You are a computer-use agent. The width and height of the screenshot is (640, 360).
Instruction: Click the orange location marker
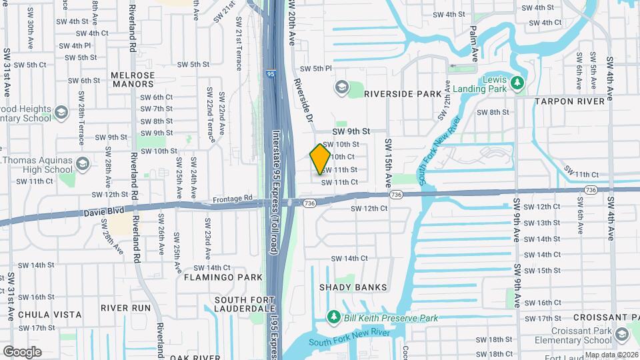pyautogui.click(x=321, y=159)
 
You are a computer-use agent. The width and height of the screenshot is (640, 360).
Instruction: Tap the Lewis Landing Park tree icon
pyautogui.click(x=518, y=83)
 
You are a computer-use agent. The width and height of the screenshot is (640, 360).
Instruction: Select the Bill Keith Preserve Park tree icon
pyautogui.click(x=333, y=317)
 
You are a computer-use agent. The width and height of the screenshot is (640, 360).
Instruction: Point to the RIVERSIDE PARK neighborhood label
pyautogui.click(x=403, y=94)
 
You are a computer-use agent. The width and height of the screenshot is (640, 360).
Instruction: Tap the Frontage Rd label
pyautogui.click(x=233, y=198)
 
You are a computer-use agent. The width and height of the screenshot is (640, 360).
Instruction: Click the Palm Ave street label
pyautogui.click(x=474, y=41)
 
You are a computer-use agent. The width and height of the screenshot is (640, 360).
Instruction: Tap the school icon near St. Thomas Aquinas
pyautogui.click(x=82, y=164)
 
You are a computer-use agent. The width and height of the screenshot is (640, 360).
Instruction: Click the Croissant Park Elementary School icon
pyautogui.click(x=621, y=334)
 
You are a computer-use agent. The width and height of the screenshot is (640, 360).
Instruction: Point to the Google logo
pyautogui.click(x=23, y=351)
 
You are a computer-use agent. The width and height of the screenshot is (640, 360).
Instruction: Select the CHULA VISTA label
pyautogui.click(x=50, y=315)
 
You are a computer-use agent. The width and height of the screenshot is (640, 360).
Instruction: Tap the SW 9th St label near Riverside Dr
pyautogui.click(x=351, y=133)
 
